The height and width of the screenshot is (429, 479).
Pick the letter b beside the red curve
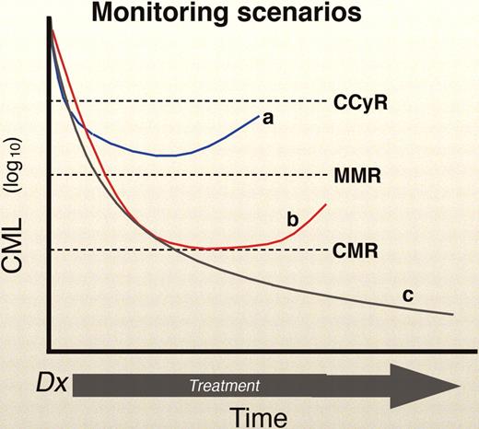(x=292, y=219)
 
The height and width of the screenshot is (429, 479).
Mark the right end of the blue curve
(x=260, y=113)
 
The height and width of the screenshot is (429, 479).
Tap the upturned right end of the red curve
(x=327, y=203)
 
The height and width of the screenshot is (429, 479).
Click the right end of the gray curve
(x=453, y=315)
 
